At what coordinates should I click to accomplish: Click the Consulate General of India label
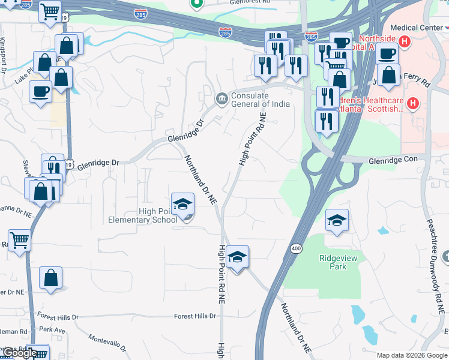pos(260,100)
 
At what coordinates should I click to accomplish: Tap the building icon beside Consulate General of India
pos(221,98)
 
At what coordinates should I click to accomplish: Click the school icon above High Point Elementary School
pos(182,205)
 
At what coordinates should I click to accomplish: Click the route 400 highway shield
pos(296,248)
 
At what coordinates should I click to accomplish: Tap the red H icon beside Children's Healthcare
pos(412,104)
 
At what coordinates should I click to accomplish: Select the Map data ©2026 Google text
pos(412,355)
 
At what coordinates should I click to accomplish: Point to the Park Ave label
pos(52,329)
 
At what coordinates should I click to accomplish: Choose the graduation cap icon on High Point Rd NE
pos(238,257)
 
